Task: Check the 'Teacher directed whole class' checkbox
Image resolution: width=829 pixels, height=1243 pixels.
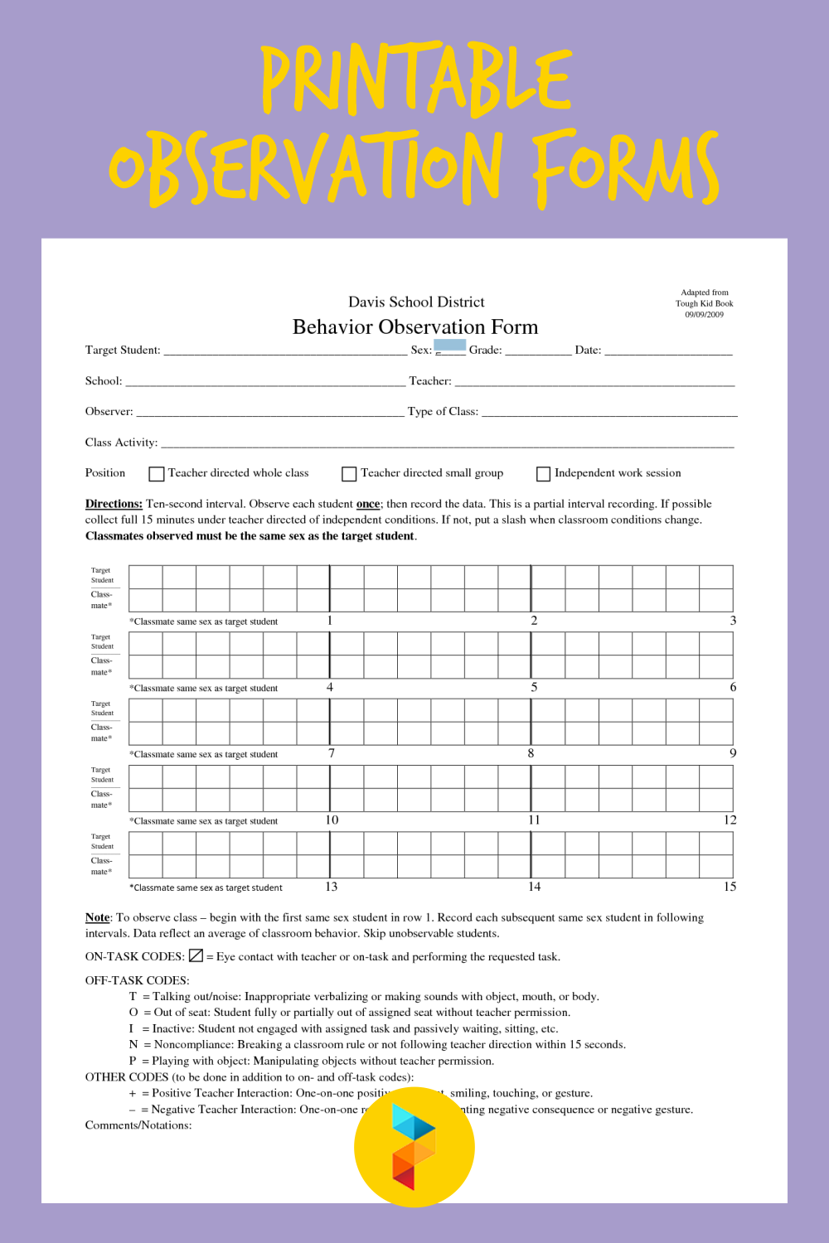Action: coord(157,474)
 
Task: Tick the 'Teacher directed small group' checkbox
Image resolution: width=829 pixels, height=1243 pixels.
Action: coord(349,474)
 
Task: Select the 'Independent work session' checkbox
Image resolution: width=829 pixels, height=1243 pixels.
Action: coord(544,474)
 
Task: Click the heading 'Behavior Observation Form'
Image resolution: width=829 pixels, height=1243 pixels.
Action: coord(415,327)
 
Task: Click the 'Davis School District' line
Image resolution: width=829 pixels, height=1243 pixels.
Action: coord(416,302)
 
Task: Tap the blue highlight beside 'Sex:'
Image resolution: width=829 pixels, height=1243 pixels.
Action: coord(450,345)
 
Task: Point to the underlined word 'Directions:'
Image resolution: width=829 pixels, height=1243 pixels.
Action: coord(114,504)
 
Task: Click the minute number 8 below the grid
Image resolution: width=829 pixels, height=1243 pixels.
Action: coord(531,753)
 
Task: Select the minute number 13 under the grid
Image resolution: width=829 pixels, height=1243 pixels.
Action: coord(331,887)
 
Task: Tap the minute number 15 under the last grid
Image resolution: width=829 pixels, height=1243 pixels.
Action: coord(730,887)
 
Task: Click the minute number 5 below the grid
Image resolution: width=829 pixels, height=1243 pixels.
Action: coord(534,687)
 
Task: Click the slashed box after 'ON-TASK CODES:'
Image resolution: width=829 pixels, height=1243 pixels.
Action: coord(196,955)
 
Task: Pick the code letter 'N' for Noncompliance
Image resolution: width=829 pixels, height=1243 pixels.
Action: coord(133,1045)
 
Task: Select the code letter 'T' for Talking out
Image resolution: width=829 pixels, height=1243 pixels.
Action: coord(133,997)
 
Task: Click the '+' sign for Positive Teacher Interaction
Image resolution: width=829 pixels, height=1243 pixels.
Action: coord(133,1094)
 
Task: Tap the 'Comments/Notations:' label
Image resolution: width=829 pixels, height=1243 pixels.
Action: coord(138,1125)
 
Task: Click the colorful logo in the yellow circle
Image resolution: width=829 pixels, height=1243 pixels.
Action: coord(414,1147)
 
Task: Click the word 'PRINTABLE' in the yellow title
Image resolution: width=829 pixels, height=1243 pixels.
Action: coord(416,80)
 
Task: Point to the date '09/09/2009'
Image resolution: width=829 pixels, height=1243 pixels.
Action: coord(704,315)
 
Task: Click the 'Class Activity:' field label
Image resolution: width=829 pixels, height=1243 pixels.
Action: coord(121,443)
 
